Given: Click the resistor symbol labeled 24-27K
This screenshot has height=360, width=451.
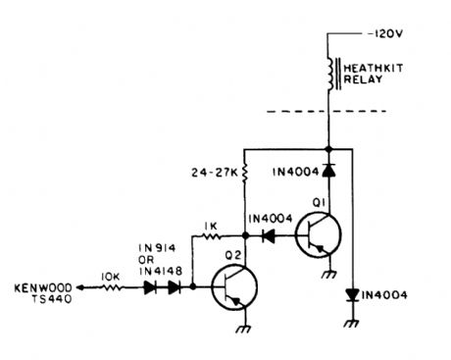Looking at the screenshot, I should (244, 175).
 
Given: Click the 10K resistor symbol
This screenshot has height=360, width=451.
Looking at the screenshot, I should (115, 288).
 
